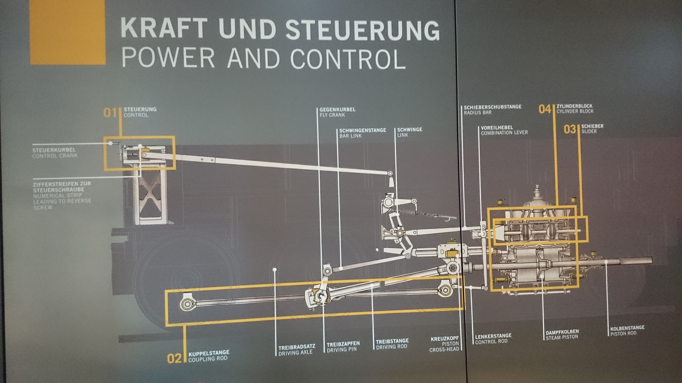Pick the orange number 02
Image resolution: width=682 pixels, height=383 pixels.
click(x=174, y=358)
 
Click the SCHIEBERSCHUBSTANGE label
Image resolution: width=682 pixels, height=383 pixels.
click(x=493, y=107)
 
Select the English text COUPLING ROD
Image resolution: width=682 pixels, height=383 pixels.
click(x=208, y=359)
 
